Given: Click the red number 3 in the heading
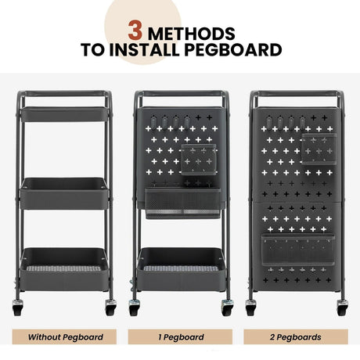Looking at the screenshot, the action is tap(135, 31).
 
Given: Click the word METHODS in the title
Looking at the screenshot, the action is tap(192, 34).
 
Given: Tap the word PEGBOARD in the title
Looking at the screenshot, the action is tap(233, 50).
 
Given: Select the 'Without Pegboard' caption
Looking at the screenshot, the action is tap(65, 337).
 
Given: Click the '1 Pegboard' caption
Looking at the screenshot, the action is tap(181, 337).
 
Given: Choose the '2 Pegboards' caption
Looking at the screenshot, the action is tap(296, 337).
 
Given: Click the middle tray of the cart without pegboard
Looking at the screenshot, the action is tap(64, 193).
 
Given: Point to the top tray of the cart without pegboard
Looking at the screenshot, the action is tap(64, 114).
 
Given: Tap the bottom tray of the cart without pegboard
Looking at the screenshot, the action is tap(64, 269).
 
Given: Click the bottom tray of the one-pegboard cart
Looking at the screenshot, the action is tap(181, 269).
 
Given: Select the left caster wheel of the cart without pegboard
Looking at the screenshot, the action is tap(18, 308).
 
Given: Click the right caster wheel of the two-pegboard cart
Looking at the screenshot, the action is tap(342, 308).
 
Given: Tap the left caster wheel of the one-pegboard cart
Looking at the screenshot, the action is tap(135, 308).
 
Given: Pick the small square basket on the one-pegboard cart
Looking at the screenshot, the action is tap(199, 160).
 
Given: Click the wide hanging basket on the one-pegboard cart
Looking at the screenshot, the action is tap(183, 203).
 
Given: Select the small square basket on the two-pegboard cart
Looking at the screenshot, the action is tap(319, 149).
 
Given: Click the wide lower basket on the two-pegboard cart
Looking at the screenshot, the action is tap(298, 250).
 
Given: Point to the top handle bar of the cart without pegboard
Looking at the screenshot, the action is tap(64, 94).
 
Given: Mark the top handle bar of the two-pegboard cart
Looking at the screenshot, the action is tap(297, 94).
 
